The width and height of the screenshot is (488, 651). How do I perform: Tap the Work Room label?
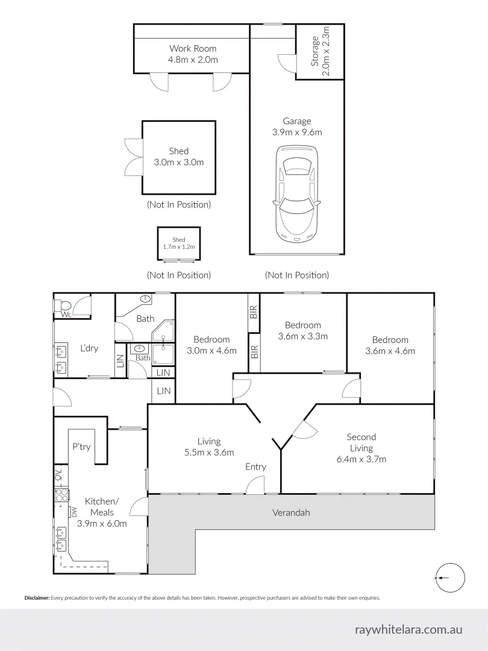[193, 54]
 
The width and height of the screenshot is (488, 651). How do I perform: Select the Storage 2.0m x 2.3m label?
[320, 52]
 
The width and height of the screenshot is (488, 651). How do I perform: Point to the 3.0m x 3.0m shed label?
[179, 157]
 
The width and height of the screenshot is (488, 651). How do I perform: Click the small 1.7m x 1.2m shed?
[179, 244]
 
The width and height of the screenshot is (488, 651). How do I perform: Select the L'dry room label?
[89, 348]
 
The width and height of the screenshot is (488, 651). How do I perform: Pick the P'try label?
[81, 447]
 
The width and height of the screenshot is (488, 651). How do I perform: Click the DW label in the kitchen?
[75, 512]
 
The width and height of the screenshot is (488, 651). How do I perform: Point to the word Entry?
[255, 467]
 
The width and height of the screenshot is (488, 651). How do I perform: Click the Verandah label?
[291, 512]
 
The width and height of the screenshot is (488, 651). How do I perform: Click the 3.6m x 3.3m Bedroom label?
[302, 331]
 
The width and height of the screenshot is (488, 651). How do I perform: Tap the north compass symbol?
[449, 577]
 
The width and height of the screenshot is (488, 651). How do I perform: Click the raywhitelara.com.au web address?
[409, 629]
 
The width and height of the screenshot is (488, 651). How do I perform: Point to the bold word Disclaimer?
[37, 598]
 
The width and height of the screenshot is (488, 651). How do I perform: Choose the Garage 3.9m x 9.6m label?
[296, 127]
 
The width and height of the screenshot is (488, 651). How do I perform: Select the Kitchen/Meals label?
[102, 512]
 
